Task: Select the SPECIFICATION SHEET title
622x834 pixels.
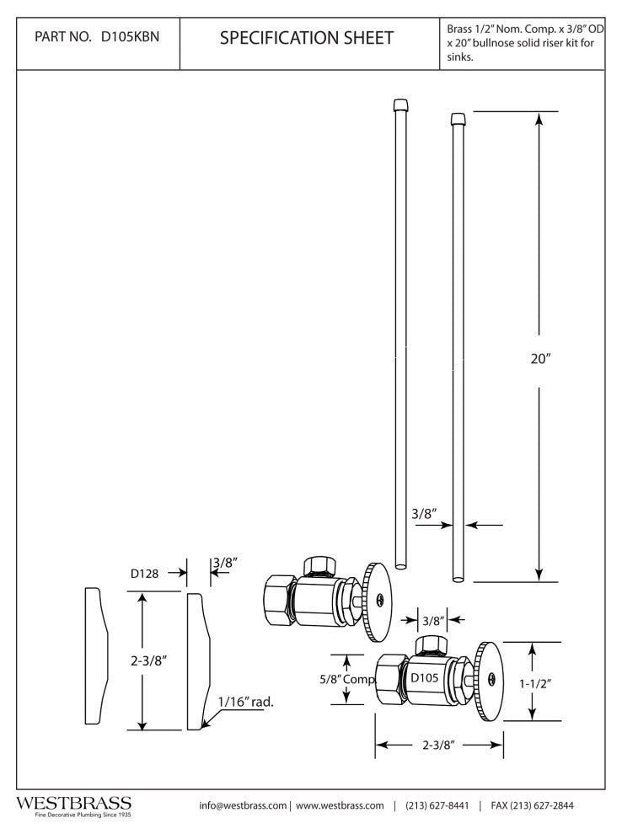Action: pyautogui.click(x=306, y=38)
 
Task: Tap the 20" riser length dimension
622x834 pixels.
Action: pyautogui.click(x=540, y=357)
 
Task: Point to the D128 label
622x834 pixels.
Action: pyautogui.click(x=145, y=574)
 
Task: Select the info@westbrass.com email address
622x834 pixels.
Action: pyautogui.click(x=243, y=805)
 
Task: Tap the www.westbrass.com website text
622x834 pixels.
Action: pyautogui.click(x=340, y=805)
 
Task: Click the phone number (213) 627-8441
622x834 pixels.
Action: pyautogui.click(x=437, y=805)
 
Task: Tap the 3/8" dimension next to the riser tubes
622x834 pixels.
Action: pyautogui.click(x=426, y=513)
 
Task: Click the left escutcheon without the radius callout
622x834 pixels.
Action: pyautogui.click(x=96, y=657)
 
